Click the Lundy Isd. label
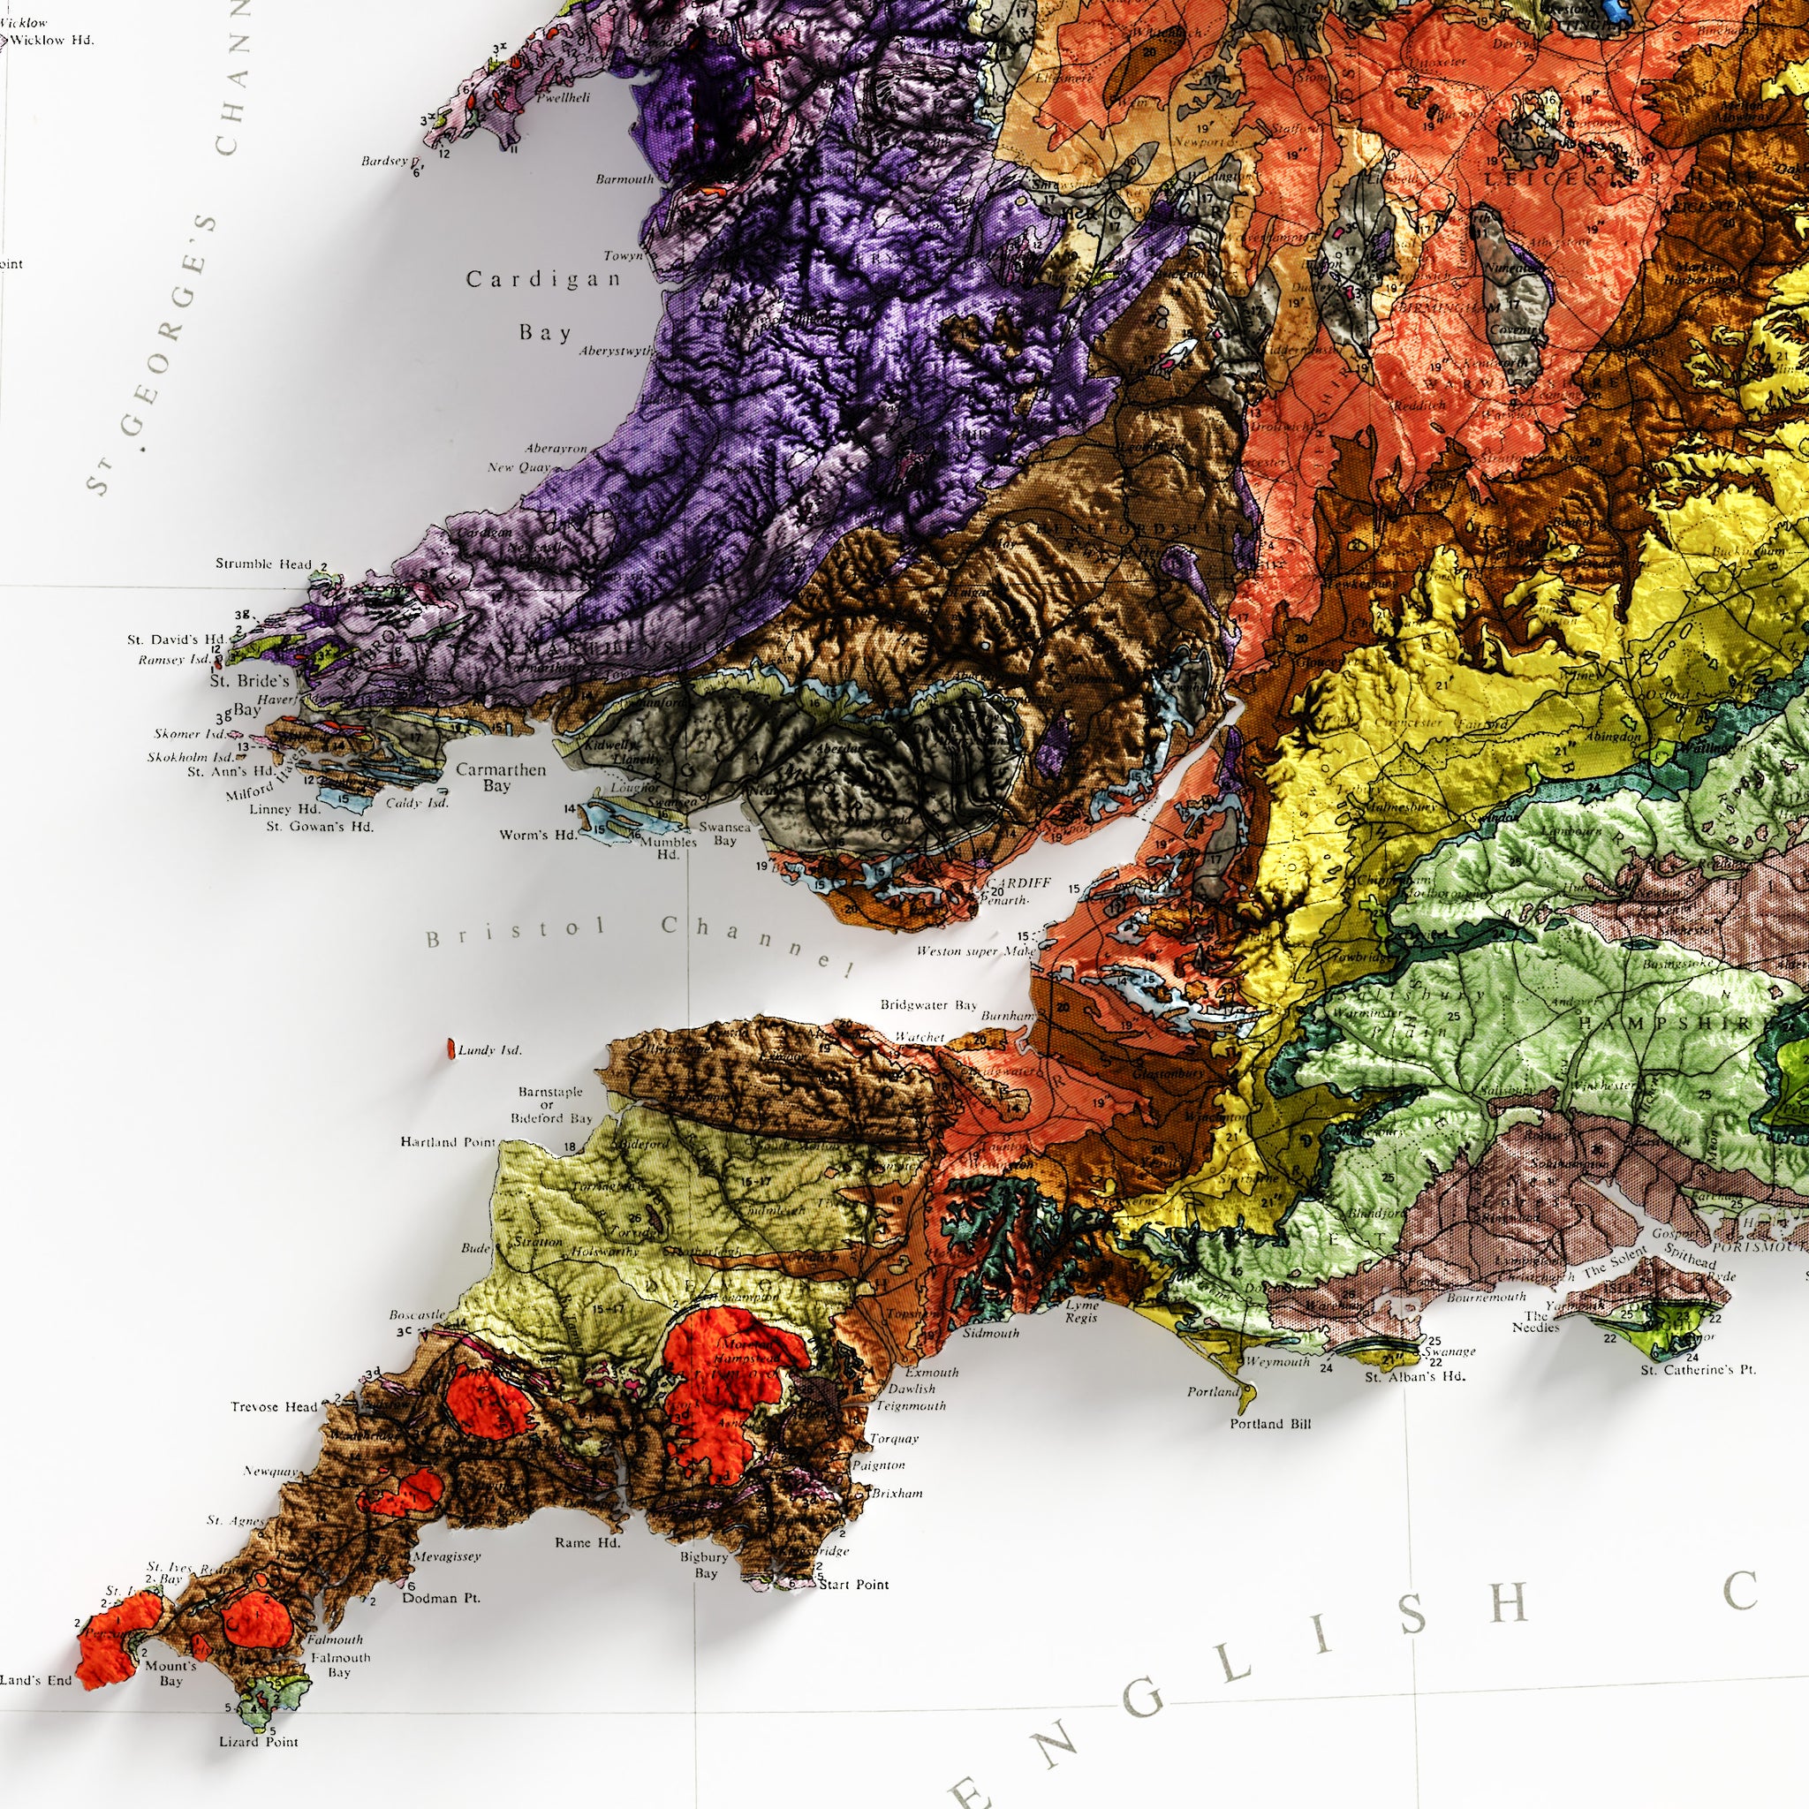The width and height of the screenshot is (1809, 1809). click(x=489, y=1050)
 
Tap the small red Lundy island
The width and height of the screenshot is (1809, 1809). click(x=450, y=1048)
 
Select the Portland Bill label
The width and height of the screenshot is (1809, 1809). click(x=1269, y=1424)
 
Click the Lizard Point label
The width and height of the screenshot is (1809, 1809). click(x=259, y=1743)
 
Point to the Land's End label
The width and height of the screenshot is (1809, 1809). click(x=35, y=1681)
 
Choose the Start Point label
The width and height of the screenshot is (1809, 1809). click(x=853, y=1586)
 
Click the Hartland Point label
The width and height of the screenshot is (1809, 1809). click(x=448, y=1142)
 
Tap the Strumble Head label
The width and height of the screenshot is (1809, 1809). click(x=263, y=564)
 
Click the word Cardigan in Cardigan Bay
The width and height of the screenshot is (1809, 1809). click(x=544, y=279)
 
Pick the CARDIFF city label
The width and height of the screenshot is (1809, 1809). click(x=1018, y=883)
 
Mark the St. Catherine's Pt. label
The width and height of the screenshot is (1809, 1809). click(x=1699, y=1371)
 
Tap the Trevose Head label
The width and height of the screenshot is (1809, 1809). click(x=275, y=1407)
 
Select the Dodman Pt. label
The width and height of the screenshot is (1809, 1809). click(x=441, y=1598)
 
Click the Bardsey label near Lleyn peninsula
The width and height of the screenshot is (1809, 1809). click(x=385, y=161)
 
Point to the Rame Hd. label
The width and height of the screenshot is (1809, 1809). click(x=587, y=1543)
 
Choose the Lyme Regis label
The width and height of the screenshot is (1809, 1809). click(x=1082, y=1311)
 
